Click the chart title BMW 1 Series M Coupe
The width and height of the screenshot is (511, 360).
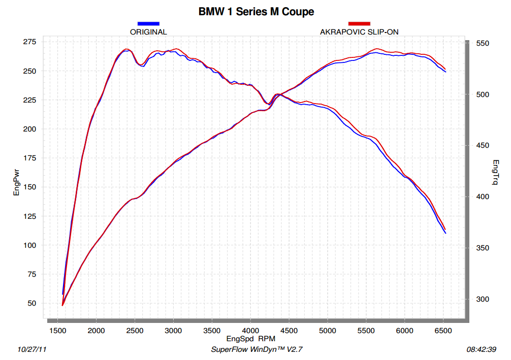(x=256, y=12)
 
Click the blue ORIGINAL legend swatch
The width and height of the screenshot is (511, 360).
(x=148, y=23)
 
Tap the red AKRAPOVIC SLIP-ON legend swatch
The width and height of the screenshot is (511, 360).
(x=359, y=23)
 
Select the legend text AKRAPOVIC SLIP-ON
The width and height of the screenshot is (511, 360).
(x=359, y=31)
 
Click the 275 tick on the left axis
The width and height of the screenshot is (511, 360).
(x=29, y=42)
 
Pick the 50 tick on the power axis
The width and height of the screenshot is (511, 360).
(x=31, y=303)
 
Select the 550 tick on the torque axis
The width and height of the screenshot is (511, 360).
(x=482, y=44)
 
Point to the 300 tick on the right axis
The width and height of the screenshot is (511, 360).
(x=482, y=299)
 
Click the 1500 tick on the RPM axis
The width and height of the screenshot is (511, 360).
(x=57, y=331)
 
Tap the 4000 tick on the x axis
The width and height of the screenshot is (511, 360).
(x=250, y=331)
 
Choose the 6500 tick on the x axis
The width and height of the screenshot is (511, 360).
(x=443, y=331)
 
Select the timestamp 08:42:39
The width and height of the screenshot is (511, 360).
(x=481, y=349)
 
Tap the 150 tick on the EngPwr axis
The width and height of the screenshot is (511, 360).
(x=29, y=187)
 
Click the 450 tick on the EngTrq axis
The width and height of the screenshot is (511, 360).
(x=482, y=146)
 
